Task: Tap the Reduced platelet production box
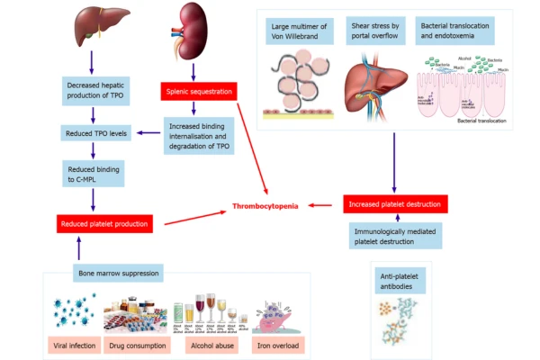tap(101, 222)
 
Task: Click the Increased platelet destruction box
tap(394, 205)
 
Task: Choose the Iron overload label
tap(276, 344)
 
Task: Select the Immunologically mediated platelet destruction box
tap(394, 236)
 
